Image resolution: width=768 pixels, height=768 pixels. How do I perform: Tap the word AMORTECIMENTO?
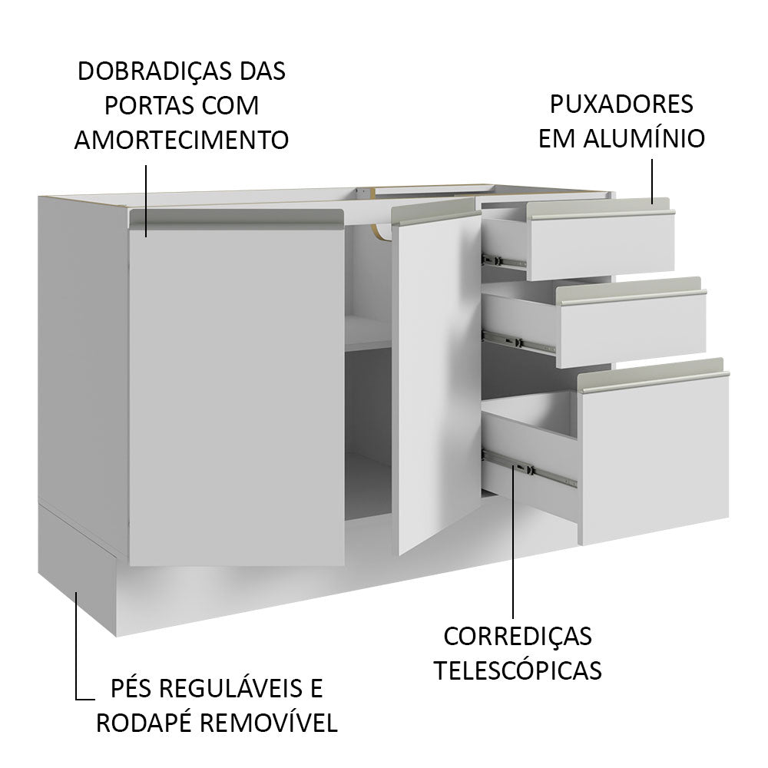click(181, 140)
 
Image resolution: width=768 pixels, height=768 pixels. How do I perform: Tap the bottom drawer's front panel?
click(653, 461)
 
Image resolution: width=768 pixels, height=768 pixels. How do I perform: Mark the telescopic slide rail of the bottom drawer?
click(534, 470)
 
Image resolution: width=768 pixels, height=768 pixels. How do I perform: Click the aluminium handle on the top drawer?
click(602, 213)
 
